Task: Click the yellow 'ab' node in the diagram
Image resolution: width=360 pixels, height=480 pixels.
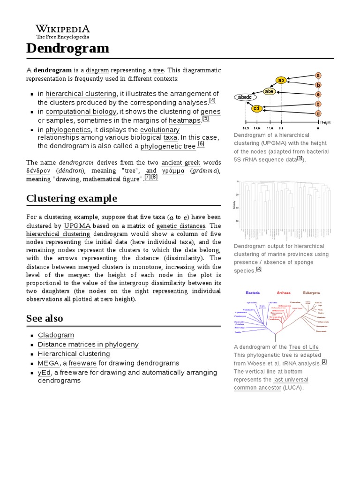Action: point(281,80)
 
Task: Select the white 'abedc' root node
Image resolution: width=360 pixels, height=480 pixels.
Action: point(245,97)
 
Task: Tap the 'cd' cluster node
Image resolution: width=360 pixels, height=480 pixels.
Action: point(256,109)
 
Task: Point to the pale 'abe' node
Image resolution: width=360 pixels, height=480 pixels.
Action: point(270,91)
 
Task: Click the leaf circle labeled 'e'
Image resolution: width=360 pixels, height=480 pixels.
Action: point(318,94)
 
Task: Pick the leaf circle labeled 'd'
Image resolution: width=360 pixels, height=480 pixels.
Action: point(318,113)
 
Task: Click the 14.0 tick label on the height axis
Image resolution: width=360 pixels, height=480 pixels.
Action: point(257,128)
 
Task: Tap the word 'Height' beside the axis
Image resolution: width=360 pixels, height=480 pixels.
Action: point(325,122)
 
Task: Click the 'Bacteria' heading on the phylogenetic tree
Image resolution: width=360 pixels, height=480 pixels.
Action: point(253,292)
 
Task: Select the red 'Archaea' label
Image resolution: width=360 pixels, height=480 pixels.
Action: point(284,292)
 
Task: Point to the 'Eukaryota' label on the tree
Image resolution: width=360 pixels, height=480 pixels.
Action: point(311,292)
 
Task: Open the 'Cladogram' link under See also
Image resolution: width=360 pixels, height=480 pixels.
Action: point(56,335)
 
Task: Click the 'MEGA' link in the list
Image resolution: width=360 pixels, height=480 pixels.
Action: point(48,363)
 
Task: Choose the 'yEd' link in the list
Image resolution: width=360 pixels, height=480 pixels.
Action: point(44,373)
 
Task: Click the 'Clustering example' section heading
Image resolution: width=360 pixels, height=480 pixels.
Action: point(71,198)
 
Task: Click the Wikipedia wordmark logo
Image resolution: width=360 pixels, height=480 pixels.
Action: point(63,29)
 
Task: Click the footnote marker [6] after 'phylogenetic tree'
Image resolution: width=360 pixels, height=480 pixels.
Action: point(201,144)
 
